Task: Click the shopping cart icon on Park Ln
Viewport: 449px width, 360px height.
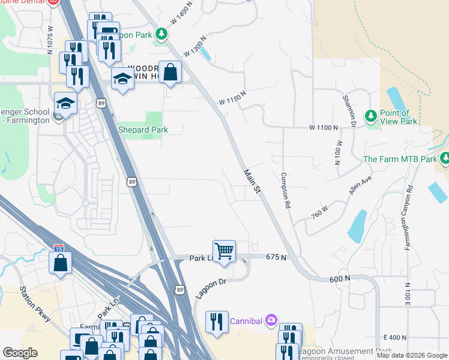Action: click(x=224, y=251)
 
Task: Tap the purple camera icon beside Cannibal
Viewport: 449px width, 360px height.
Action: click(x=271, y=320)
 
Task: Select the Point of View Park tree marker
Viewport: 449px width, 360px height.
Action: click(x=370, y=115)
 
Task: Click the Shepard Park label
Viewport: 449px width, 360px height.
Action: click(x=142, y=130)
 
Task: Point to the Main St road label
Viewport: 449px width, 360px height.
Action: click(x=253, y=181)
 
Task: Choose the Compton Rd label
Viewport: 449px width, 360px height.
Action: click(x=286, y=191)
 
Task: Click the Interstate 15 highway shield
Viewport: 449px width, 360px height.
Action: click(x=58, y=248)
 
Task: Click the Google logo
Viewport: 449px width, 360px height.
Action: click(x=20, y=353)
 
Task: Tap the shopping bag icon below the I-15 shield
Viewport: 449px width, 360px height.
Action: click(x=61, y=263)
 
